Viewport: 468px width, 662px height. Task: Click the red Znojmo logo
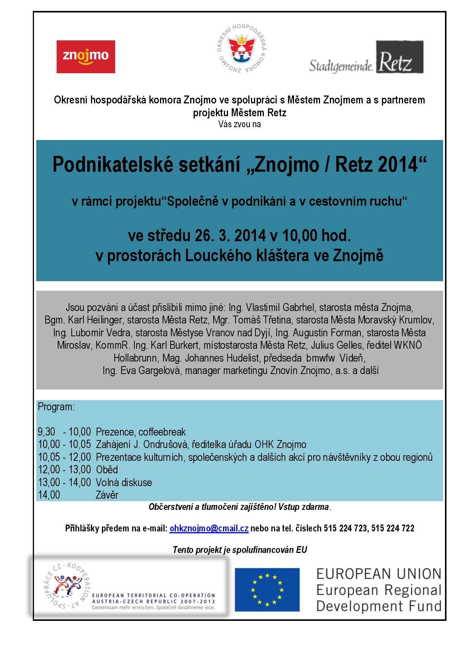pos(86,57)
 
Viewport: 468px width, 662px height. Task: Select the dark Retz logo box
pos(399,57)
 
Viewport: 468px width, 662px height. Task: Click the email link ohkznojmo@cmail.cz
pos(209,528)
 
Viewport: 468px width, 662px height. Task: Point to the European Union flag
pos(267,590)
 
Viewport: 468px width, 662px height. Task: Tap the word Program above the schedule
pos(56,407)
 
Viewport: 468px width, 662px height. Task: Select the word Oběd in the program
pos(107,470)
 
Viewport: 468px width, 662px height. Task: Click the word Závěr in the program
pos(107,495)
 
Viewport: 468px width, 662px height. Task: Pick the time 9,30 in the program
pos(46,432)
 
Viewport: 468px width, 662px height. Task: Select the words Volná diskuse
pos(124,482)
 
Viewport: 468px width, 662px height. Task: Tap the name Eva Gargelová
pos(151,371)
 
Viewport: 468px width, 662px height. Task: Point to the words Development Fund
pos(379,607)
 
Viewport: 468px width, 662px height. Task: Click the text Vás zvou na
pos(239,124)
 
